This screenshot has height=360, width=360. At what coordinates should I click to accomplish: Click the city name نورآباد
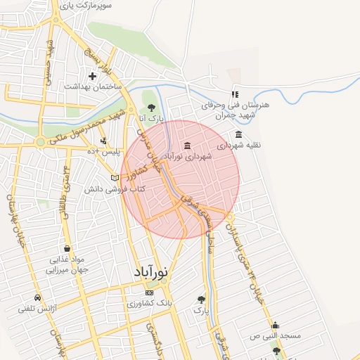(151, 272)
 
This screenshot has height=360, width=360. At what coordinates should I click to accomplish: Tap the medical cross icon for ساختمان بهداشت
(92, 75)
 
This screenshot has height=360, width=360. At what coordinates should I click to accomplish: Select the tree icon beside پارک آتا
(152, 108)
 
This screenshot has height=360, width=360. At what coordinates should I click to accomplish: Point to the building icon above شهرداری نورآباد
(187, 146)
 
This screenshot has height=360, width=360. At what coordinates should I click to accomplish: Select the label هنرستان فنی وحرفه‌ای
(227, 105)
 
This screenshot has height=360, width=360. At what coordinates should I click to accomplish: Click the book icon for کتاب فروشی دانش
(115, 178)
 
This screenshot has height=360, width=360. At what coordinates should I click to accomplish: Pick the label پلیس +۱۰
(103, 151)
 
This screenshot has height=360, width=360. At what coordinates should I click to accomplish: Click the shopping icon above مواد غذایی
(67, 248)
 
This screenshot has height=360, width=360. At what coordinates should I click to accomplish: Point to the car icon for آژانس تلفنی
(37, 297)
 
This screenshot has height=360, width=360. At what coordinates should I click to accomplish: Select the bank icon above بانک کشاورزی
(148, 292)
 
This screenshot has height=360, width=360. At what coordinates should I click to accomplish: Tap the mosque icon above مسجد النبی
(275, 325)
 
